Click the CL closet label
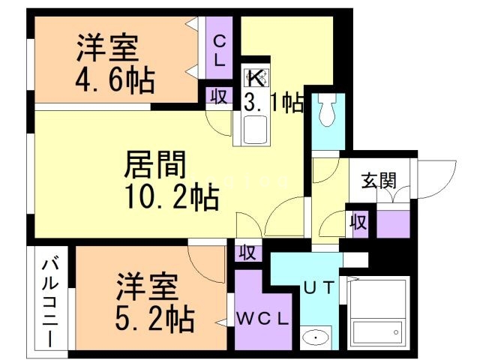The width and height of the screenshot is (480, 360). (x=220, y=52)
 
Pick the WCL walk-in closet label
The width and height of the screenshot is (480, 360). (x=262, y=318)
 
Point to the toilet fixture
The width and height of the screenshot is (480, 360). (x=326, y=112)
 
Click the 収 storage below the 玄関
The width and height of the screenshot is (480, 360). (x=358, y=221)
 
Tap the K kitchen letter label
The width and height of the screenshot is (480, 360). (x=256, y=76)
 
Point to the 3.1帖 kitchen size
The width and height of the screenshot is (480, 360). (x=273, y=103)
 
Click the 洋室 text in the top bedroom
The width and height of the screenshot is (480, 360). (x=106, y=48)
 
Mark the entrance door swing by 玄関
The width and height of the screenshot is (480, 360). (x=439, y=180)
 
